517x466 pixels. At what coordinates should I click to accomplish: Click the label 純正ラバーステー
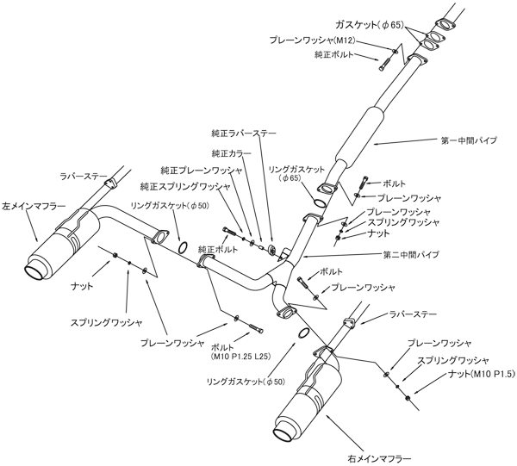[244, 134]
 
